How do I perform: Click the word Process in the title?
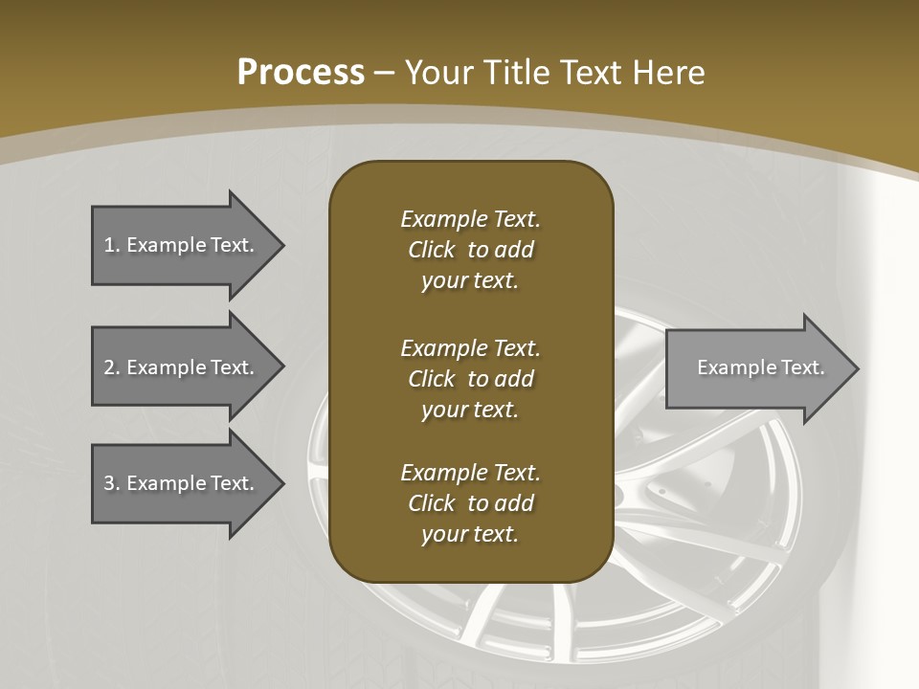(301, 73)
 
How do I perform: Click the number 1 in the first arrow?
(109, 245)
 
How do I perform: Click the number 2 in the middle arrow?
(109, 367)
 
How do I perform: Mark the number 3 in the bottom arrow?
(109, 483)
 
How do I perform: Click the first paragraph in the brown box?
(470, 250)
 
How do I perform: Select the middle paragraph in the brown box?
(470, 378)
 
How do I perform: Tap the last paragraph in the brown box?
(470, 503)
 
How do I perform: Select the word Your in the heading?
(437, 73)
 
